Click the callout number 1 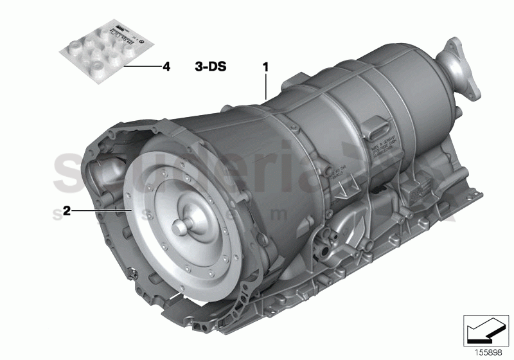click(x=264, y=66)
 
